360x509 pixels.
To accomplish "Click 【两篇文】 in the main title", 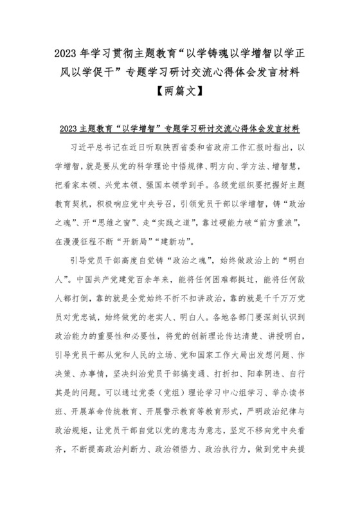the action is click(180, 91).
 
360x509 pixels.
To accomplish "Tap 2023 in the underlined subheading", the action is click(69, 129).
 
